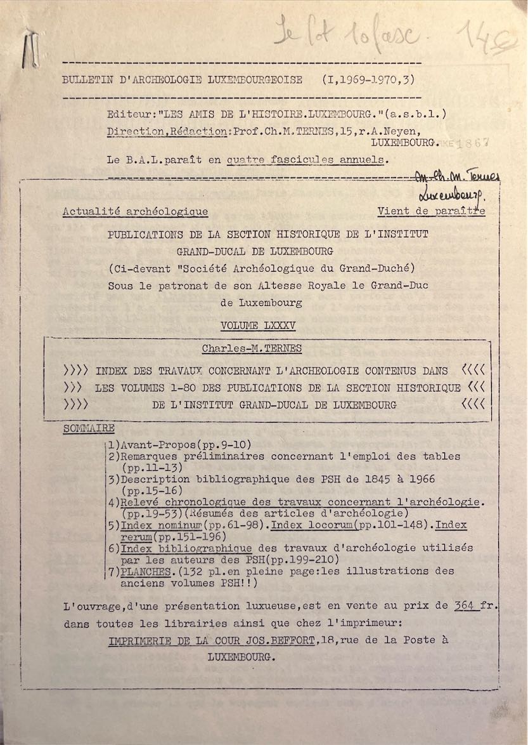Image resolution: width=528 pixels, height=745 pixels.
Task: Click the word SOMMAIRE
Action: pos(89,429)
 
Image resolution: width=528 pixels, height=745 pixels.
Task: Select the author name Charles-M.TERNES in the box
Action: pos(252,348)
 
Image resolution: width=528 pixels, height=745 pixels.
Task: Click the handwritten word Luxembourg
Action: pos(451,194)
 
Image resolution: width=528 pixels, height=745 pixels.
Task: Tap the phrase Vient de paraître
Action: pos(431,211)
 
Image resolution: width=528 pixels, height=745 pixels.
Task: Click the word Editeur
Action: pos(129,114)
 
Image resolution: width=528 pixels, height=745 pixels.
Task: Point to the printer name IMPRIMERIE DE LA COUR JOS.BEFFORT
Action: pos(212,640)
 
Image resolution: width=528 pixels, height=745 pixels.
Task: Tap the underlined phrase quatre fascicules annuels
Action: pos(306,159)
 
